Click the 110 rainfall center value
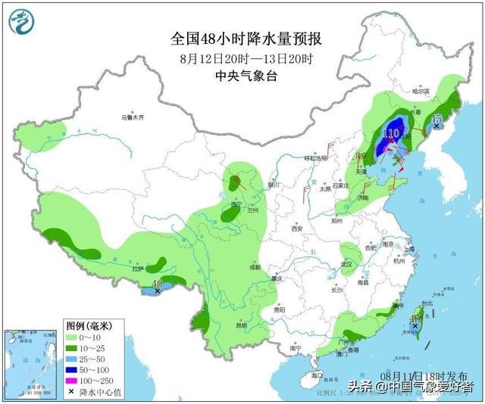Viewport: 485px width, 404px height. point(391,134)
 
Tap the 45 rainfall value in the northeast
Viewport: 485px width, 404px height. point(436,120)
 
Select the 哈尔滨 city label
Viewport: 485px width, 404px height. point(420,92)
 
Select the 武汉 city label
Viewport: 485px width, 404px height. point(348,263)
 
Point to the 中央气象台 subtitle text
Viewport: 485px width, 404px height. point(242,76)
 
